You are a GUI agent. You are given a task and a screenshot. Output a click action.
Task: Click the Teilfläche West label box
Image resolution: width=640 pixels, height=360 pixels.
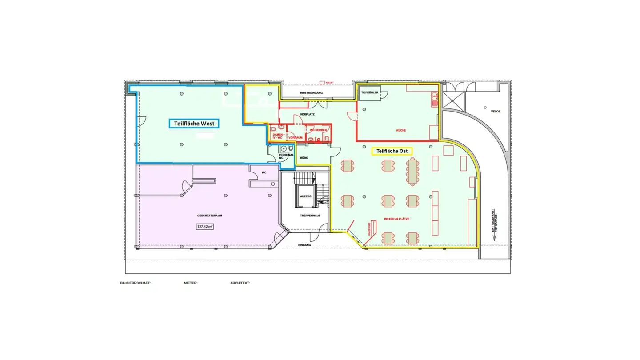[x=194, y=123]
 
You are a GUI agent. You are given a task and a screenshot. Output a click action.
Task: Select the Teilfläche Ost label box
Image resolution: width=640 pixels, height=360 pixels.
[x=392, y=151]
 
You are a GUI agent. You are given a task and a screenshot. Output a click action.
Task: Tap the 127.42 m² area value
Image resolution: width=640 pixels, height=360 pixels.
[x=204, y=226]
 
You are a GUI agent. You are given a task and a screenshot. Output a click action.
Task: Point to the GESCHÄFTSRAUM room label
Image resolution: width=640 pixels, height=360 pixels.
[x=209, y=216]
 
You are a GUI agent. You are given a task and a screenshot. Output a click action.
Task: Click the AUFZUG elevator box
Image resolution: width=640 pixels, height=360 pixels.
[x=305, y=196]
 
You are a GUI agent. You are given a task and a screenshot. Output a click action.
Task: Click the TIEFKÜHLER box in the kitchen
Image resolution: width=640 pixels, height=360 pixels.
[x=370, y=92]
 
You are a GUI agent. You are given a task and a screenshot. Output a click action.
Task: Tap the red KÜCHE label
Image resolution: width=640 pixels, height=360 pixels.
[x=401, y=131]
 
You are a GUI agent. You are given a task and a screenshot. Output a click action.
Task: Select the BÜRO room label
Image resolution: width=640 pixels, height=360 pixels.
[x=304, y=158]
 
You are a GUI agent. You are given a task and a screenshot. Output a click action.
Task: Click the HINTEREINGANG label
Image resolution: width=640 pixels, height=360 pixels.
[x=310, y=93]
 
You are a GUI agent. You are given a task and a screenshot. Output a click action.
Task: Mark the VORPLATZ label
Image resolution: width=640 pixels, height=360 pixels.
[x=307, y=114]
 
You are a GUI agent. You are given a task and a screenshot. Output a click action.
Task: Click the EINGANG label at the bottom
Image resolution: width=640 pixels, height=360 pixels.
[x=305, y=245]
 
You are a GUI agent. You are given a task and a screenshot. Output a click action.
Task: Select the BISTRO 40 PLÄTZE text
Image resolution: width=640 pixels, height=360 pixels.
[x=396, y=219]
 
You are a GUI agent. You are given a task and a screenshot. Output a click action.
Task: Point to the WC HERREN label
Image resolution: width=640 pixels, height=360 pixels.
[x=318, y=129]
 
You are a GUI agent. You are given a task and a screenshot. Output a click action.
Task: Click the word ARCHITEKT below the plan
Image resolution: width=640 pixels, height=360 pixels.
[x=240, y=283]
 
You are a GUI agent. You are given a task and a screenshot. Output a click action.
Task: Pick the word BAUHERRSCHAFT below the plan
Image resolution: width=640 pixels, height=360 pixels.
[x=135, y=283]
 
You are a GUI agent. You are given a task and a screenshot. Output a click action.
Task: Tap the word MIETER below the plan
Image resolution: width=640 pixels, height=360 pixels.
[x=191, y=283]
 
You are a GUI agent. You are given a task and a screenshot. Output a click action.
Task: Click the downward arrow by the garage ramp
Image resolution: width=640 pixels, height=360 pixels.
[x=493, y=236]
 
